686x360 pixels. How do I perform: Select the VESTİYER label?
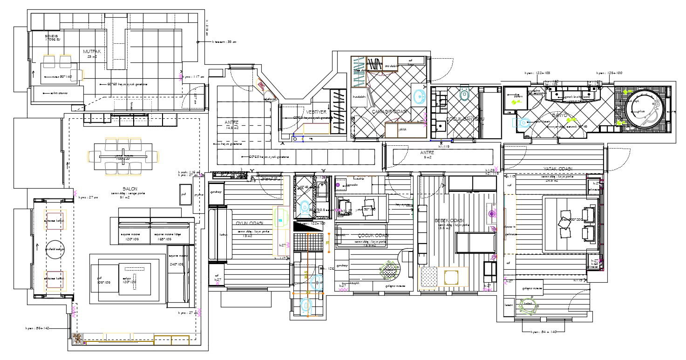[315, 112]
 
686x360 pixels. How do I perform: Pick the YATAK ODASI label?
[557, 169]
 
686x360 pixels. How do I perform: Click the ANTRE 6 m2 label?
[427, 153]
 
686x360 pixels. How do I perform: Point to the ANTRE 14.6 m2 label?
[232, 123]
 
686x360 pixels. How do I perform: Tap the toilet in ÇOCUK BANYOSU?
[464, 95]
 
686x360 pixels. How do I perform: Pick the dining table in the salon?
[123, 156]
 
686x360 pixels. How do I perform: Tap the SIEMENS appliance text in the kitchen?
[51, 37]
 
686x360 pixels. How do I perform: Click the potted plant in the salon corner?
[77, 339]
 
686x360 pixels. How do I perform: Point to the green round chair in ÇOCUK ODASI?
[389, 269]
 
